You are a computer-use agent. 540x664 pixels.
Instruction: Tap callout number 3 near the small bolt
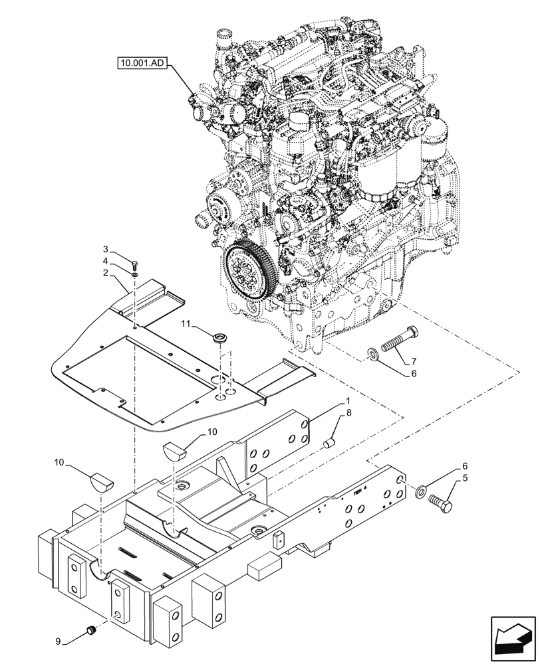pos(106,249)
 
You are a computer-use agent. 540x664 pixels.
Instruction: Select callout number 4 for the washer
pos(106,260)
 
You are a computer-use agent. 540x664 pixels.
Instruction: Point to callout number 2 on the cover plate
pos(106,272)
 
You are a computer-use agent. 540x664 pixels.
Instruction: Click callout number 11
pos(188,323)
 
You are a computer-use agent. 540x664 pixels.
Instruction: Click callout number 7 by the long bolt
pos(413,362)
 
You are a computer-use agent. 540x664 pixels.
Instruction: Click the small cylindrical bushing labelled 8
pos(328,442)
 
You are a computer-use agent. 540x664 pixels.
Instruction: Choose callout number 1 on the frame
pos(347,402)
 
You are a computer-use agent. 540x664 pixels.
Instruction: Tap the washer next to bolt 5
pos(420,492)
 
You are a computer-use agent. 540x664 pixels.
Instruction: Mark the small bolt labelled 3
pos(136,264)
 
